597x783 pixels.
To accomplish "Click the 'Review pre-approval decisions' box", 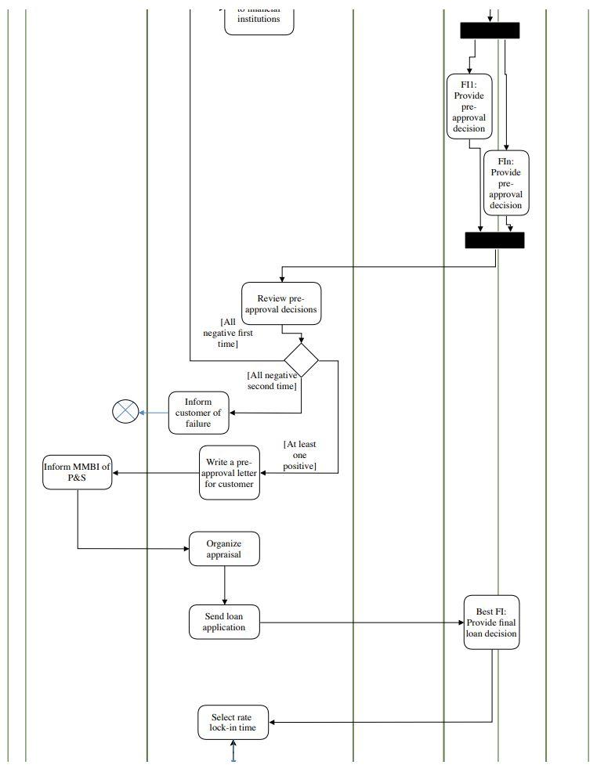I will [281, 303].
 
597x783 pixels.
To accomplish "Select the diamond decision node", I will [301, 361].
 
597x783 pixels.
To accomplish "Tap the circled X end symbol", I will [125, 412].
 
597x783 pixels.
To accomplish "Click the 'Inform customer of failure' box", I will [199, 413].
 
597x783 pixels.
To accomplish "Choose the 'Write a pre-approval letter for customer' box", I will [230, 473].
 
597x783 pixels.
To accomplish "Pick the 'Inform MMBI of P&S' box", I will [77, 473].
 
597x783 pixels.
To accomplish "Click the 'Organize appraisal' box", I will [224, 549].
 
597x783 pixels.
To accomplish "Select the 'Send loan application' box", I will [224, 622].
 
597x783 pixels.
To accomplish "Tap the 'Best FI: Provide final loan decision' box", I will [491, 622].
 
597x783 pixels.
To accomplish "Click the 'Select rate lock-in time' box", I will [233, 722].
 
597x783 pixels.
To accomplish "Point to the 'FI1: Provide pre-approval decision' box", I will [469, 106].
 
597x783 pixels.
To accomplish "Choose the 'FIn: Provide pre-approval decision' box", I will [506, 183].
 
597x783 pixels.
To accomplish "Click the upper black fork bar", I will [490, 31].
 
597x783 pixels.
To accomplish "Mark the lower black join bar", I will [494, 240].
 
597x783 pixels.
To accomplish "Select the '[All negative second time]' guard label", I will [272, 381].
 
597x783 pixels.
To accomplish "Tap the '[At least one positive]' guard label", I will [299, 455].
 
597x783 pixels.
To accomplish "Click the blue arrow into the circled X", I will [154, 412].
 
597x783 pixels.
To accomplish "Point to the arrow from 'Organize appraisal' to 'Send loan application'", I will [224, 585].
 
